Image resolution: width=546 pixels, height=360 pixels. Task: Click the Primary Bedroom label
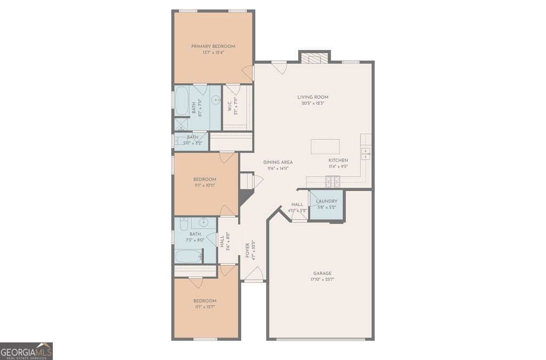coord(213,46)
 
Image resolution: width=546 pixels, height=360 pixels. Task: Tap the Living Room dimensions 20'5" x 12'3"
coord(312,103)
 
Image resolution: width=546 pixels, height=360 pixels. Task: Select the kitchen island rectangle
coord(325,147)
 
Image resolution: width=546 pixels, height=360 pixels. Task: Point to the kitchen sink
coord(366,153)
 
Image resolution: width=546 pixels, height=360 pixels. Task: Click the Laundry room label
coord(327,201)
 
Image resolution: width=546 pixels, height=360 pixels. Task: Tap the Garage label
coord(322,273)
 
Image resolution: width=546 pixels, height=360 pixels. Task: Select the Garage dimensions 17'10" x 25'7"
coord(322,279)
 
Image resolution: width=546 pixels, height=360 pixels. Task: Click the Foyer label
coord(247,250)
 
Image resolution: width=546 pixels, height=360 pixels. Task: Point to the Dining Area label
coord(278,162)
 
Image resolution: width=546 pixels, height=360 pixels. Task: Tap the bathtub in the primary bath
coord(181,101)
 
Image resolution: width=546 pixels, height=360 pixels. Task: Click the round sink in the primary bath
coord(216,100)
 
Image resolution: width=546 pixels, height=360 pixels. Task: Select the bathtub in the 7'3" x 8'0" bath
coord(189,257)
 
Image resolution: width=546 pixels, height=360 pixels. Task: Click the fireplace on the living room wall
coord(315,58)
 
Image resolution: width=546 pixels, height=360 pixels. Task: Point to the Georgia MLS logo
coord(26,351)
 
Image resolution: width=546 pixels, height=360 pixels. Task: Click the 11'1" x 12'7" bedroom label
coord(205,301)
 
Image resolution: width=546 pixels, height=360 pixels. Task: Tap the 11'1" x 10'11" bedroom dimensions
coord(205,186)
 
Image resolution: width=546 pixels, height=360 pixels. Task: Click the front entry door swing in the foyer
coord(253,274)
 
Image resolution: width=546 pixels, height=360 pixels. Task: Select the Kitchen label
coord(338,161)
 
